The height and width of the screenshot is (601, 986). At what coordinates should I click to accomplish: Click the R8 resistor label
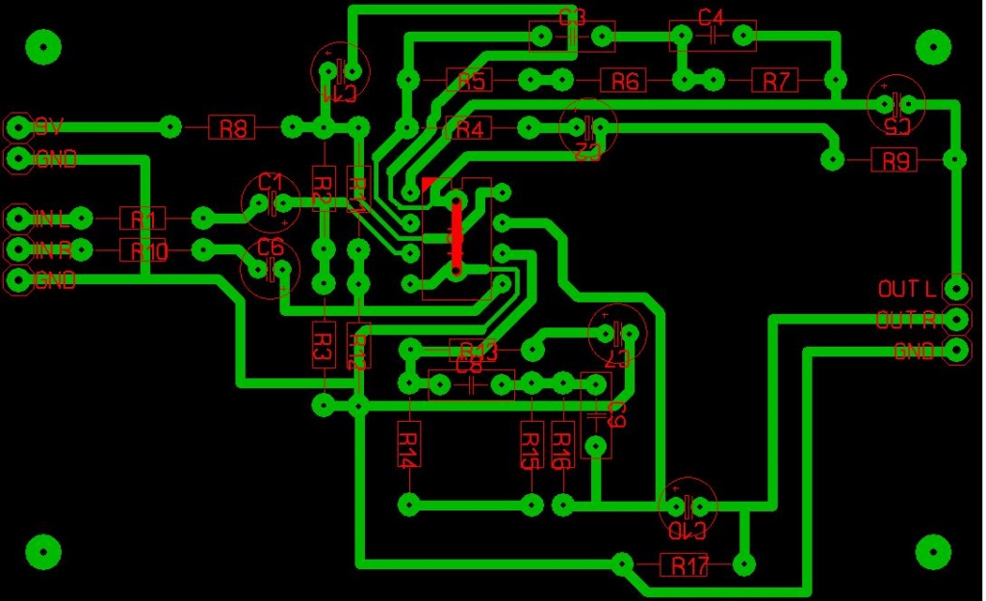tap(232, 127)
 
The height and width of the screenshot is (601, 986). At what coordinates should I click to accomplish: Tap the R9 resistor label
tap(896, 160)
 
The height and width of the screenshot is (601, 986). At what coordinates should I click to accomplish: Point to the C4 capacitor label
tap(711, 17)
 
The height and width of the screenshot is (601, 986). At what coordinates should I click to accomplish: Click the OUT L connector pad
tap(956, 288)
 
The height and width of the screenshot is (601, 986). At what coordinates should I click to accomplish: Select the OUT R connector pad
tap(956, 319)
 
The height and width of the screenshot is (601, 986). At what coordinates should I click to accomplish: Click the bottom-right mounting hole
tap(932, 551)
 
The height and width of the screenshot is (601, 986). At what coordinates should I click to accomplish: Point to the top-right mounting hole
tap(932, 45)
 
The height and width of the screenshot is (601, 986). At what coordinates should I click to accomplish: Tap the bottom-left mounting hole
tap(42, 551)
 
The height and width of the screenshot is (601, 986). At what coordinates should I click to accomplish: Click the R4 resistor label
tap(470, 127)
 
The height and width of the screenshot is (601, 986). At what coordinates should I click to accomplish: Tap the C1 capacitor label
tap(271, 182)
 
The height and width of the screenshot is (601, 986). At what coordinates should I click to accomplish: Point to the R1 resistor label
tap(143, 220)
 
